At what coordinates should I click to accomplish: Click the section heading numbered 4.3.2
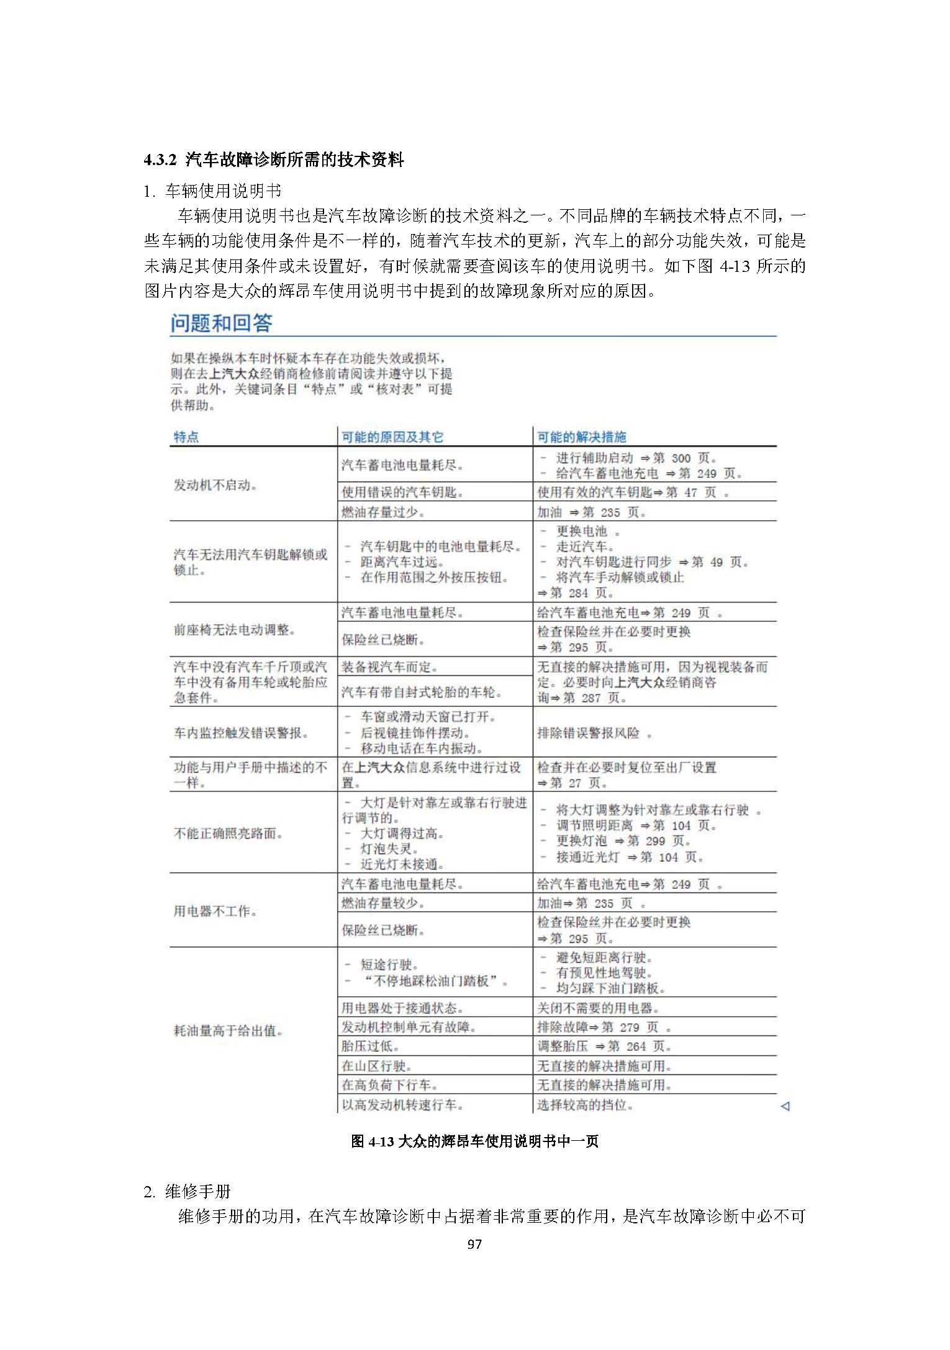click(274, 160)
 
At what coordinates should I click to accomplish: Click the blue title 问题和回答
click(222, 323)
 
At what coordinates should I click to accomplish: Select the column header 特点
click(186, 437)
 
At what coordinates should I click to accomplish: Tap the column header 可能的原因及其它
click(392, 437)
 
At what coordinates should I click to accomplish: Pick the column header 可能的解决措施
click(582, 437)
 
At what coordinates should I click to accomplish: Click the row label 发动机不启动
click(215, 485)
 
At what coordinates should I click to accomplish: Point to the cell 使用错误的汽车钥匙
click(402, 493)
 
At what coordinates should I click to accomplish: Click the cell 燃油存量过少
click(383, 513)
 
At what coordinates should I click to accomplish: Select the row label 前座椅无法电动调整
click(235, 630)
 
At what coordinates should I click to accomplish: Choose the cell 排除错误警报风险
click(594, 733)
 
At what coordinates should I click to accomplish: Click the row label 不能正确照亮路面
click(228, 834)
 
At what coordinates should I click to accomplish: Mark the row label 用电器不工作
click(215, 911)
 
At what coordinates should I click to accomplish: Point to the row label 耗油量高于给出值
click(228, 1031)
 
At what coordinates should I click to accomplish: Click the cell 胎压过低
click(370, 1046)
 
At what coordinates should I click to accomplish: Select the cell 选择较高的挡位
click(585, 1105)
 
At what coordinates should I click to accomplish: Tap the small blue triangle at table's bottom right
click(785, 1106)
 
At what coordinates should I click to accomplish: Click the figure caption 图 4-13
click(474, 1141)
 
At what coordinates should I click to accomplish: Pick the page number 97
click(474, 1244)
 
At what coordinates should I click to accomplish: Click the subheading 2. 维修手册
click(188, 1191)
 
